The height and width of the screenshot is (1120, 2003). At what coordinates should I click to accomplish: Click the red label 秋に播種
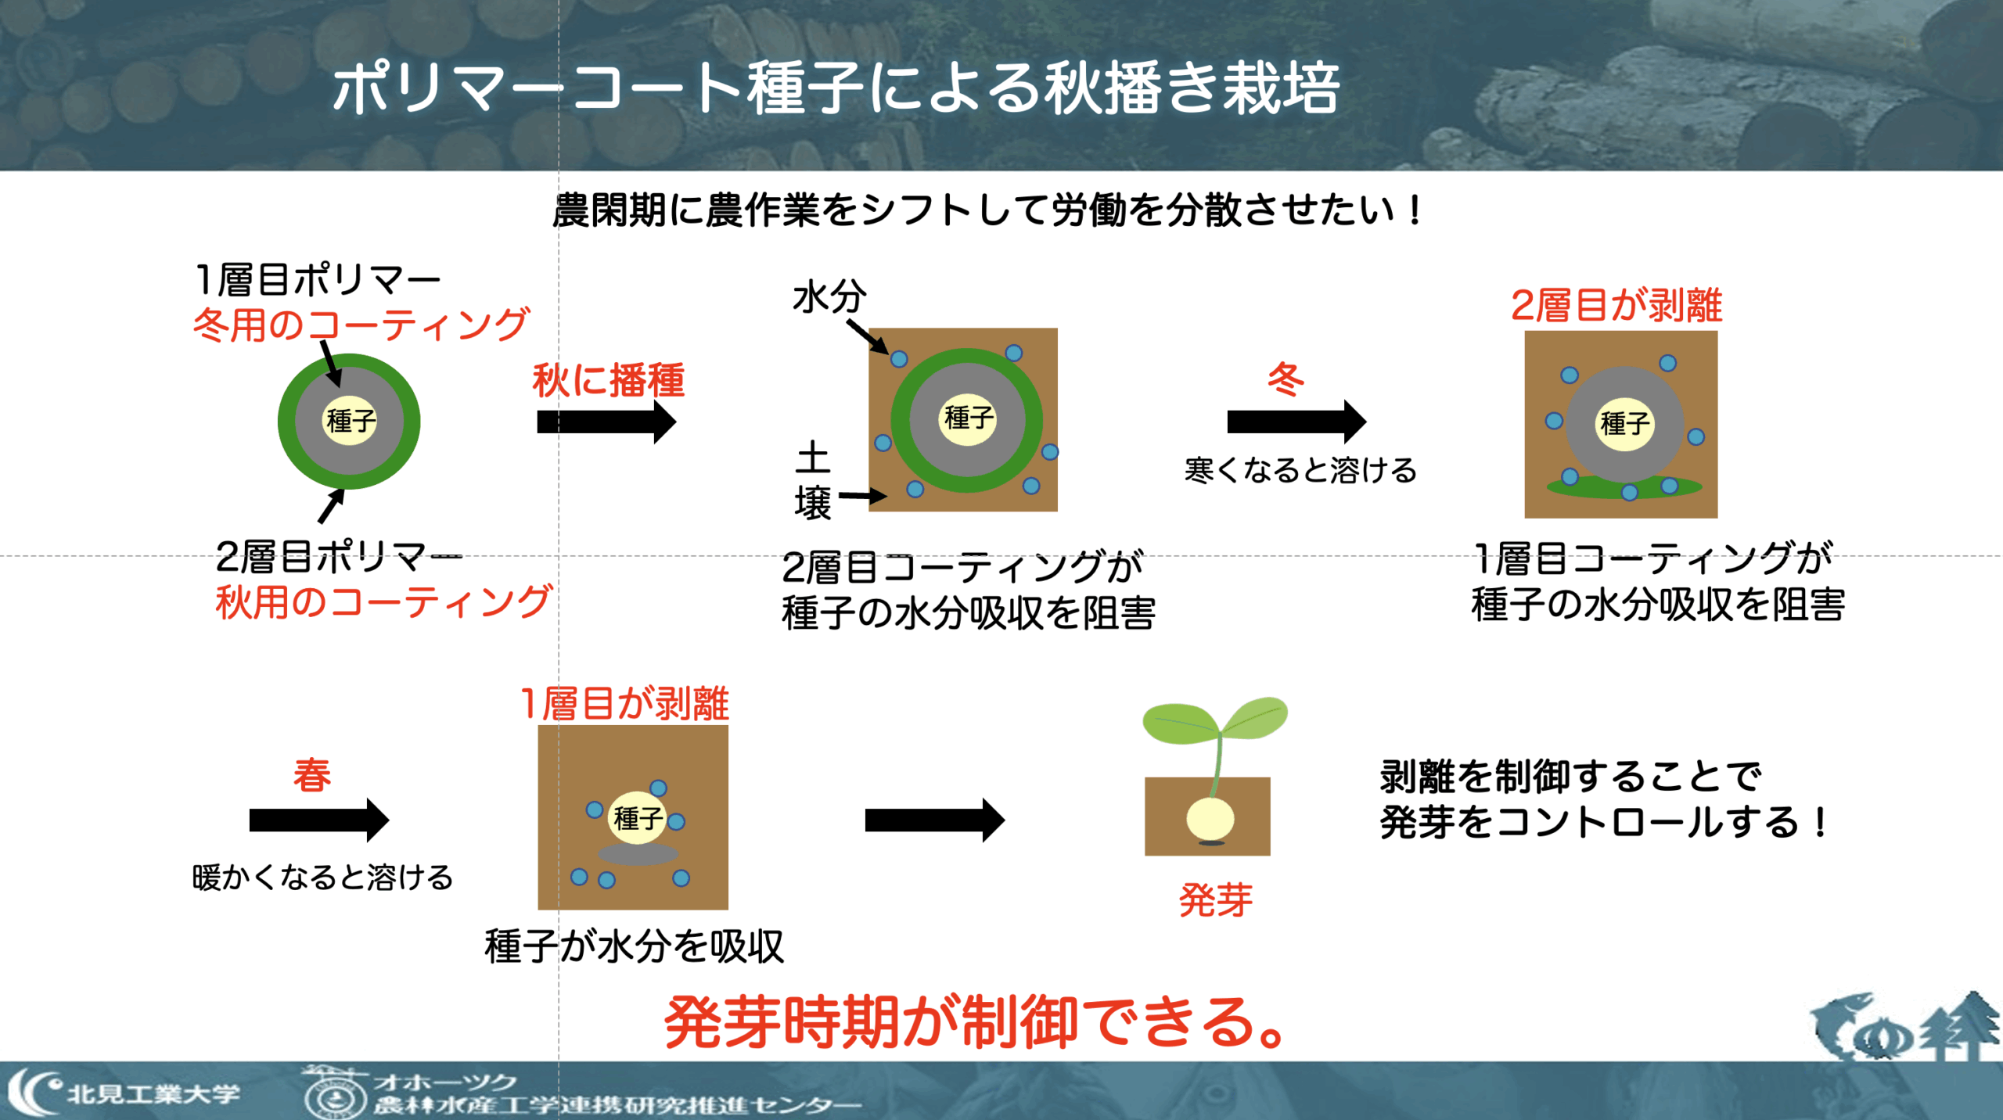click(609, 381)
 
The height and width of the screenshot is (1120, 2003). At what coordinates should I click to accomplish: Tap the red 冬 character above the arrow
click(1286, 379)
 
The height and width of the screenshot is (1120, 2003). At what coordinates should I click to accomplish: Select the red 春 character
click(312, 776)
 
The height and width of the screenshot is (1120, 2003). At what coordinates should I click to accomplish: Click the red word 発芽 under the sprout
click(1215, 899)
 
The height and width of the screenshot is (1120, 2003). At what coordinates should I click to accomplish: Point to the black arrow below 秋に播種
click(606, 422)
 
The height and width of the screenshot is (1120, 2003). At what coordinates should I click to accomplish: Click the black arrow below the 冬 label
click(1296, 422)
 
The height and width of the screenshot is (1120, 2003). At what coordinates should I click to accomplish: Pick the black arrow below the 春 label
click(319, 820)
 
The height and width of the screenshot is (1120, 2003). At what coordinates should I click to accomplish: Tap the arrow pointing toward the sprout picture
click(935, 820)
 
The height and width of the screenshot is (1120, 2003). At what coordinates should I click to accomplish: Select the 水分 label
click(829, 297)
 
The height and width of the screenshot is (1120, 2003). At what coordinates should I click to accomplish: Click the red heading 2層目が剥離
click(1616, 305)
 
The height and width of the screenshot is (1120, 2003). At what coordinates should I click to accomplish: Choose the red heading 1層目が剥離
click(624, 703)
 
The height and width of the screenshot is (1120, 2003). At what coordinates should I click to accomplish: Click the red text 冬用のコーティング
click(361, 324)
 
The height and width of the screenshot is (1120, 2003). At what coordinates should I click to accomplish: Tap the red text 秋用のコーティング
click(383, 602)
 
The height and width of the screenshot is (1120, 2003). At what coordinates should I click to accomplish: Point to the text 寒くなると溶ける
click(1300, 471)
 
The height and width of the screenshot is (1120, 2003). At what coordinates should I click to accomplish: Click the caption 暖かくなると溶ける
click(322, 878)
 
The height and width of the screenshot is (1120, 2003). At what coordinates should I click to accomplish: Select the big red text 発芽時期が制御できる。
click(975, 1021)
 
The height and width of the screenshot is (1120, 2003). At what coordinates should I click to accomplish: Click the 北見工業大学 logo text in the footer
click(153, 1093)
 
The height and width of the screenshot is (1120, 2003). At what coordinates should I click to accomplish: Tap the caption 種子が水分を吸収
click(634, 947)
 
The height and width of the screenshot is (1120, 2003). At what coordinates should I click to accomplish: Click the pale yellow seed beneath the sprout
click(1210, 819)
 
